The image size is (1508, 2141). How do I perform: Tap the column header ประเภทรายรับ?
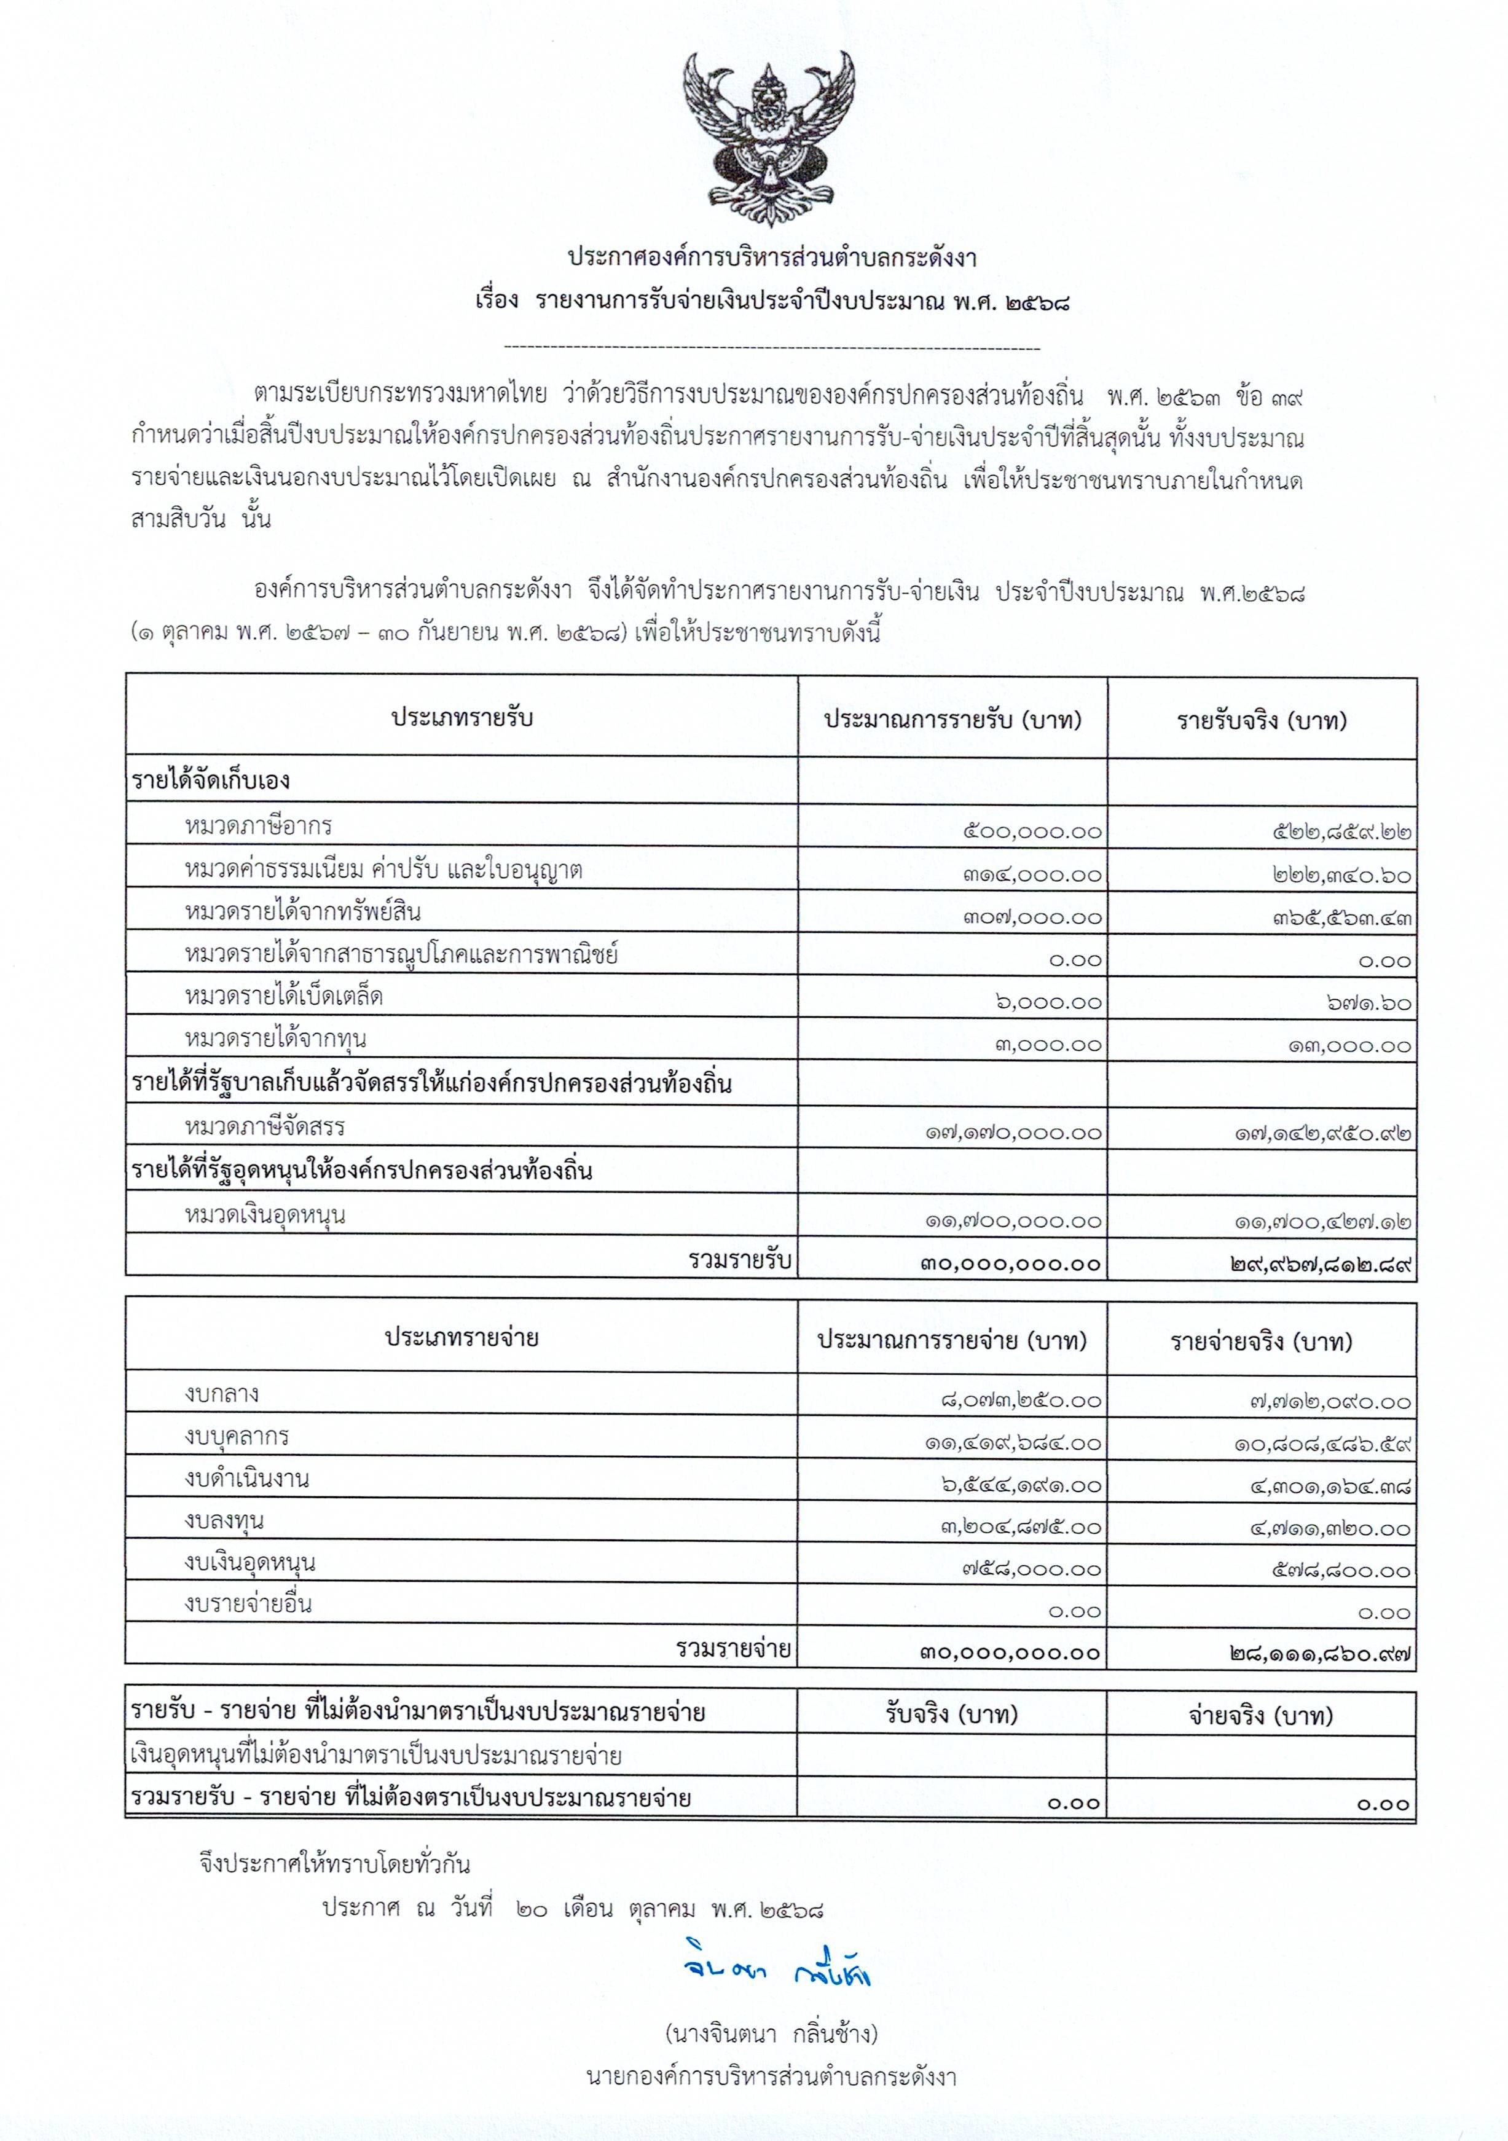[x=461, y=718]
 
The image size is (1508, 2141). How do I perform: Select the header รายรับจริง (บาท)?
[x=1261, y=720]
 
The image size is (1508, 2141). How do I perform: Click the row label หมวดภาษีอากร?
[x=258, y=826]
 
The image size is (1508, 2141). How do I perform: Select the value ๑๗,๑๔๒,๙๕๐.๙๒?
[x=1322, y=1134]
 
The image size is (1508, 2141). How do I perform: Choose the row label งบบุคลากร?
[x=237, y=1436]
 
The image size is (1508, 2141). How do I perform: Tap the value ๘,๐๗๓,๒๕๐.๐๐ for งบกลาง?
[x=1020, y=1400]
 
